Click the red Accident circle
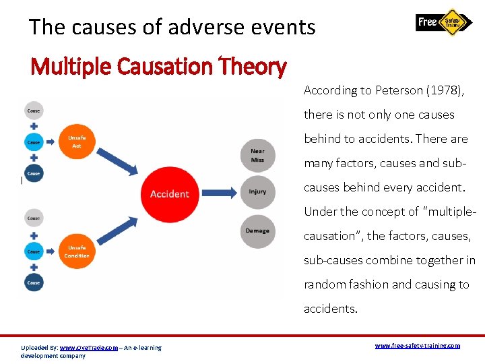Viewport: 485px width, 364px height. [169, 193]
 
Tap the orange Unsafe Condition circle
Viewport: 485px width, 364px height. [77, 251]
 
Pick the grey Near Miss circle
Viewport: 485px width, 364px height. [257, 156]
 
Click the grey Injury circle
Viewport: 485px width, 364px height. [257, 191]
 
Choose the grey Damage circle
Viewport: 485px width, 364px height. [257, 231]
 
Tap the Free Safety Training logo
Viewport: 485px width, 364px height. [444, 22]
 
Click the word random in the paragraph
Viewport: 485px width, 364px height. [326, 284]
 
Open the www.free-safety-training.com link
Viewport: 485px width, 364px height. [417, 345]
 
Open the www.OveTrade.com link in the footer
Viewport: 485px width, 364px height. [89, 348]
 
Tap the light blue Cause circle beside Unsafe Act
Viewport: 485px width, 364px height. [34, 142]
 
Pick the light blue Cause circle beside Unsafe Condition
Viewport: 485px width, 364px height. [34, 251]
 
